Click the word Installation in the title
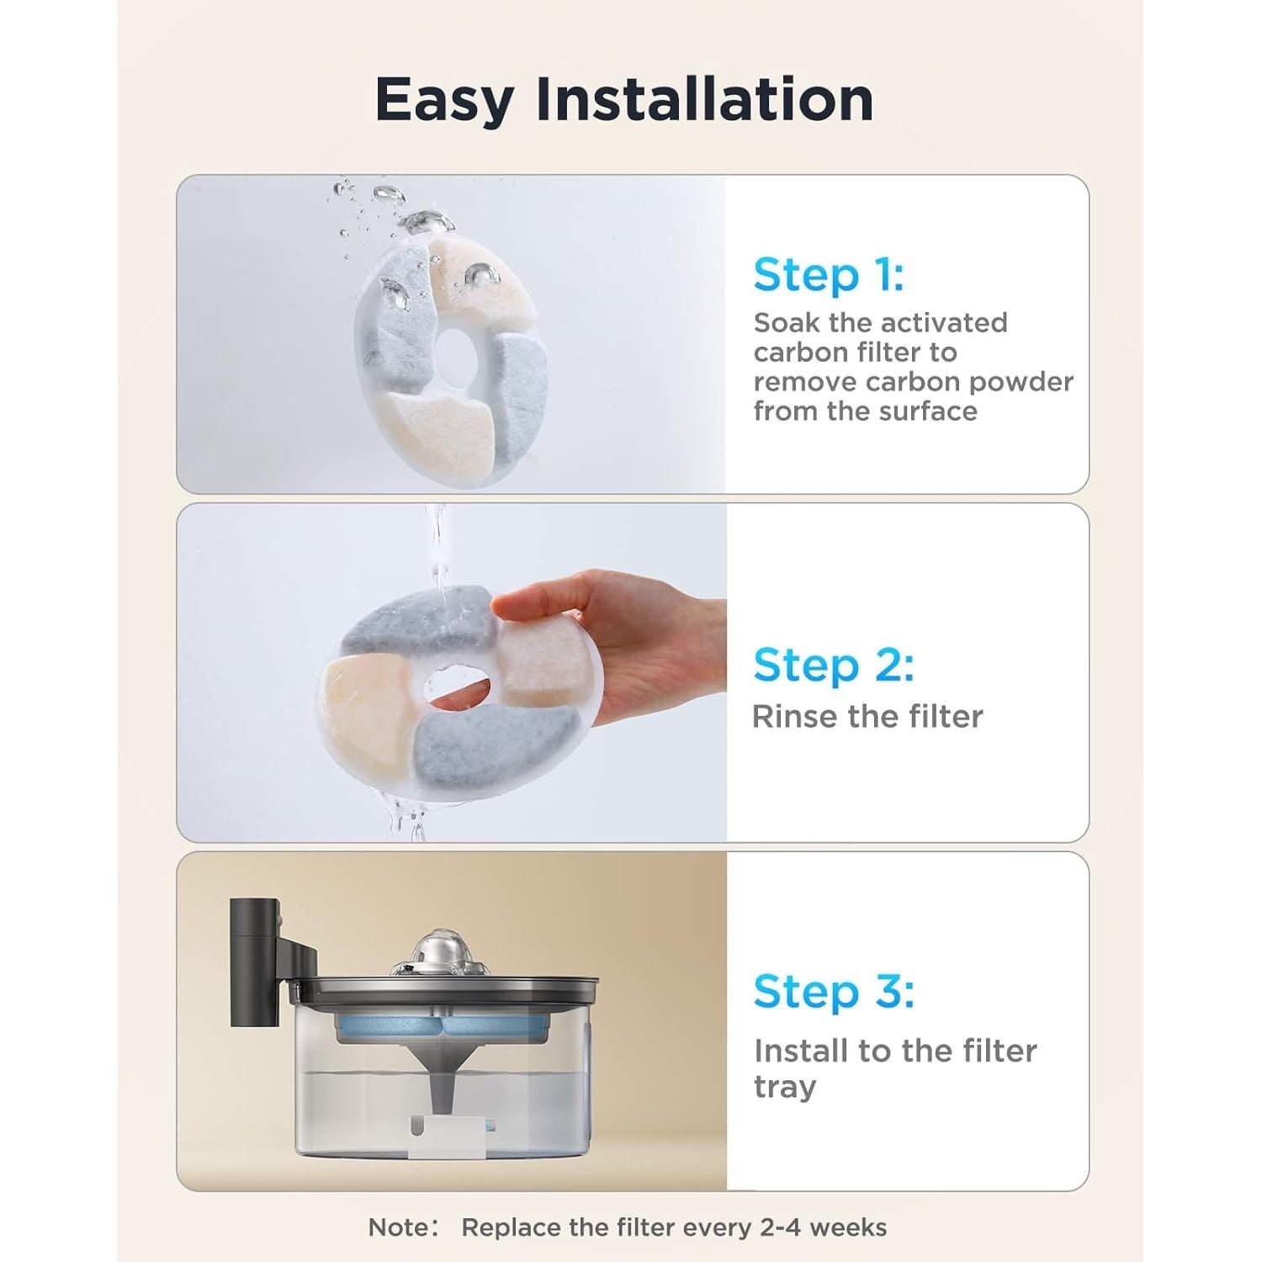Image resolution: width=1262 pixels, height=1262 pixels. point(704,98)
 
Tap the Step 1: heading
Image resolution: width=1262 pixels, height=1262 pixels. point(829,275)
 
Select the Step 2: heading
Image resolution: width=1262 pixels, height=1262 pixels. point(833,665)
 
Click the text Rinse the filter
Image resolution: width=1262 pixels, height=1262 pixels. point(867,717)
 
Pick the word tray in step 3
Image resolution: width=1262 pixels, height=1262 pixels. point(784,1087)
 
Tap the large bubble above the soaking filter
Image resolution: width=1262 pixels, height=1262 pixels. point(426,223)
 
